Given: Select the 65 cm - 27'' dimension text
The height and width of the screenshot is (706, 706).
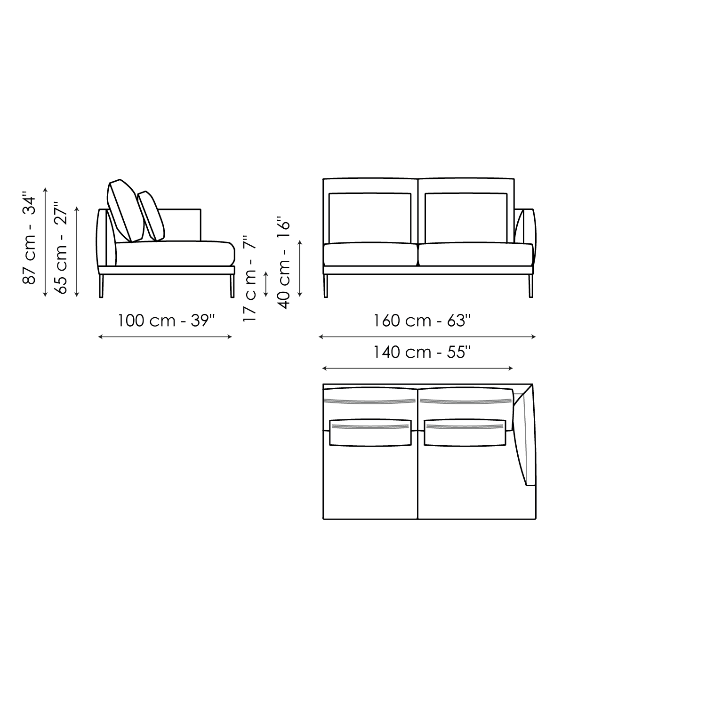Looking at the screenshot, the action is pyautogui.click(x=61, y=249).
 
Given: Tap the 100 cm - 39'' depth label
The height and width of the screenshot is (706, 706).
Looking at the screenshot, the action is pyautogui.click(x=166, y=321).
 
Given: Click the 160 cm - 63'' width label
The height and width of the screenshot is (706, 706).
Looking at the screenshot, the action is pyautogui.click(x=422, y=321).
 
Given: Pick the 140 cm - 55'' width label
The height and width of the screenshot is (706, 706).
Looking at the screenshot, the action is pyautogui.click(x=422, y=352).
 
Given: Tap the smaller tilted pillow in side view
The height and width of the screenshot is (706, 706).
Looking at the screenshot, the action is pyautogui.click(x=151, y=216).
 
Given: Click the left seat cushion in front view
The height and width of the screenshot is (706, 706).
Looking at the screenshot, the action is pyautogui.click(x=370, y=254).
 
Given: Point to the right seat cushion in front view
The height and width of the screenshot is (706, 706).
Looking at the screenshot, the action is pyautogui.click(x=476, y=254).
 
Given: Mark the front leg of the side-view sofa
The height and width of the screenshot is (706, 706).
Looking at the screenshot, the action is pyautogui.click(x=232, y=286).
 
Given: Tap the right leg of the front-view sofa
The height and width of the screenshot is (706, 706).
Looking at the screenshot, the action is pyautogui.click(x=530, y=286).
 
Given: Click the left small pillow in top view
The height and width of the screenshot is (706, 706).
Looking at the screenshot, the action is pyautogui.click(x=370, y=432).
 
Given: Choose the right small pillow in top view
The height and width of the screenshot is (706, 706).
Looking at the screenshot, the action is pyautogui.click(x=465, y=432).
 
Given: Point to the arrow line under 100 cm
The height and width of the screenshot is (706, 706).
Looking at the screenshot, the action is pyautogui.click(x=165, y=337).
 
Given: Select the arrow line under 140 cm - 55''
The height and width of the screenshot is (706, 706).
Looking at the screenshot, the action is pyautogui.click(x=417, y=368).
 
